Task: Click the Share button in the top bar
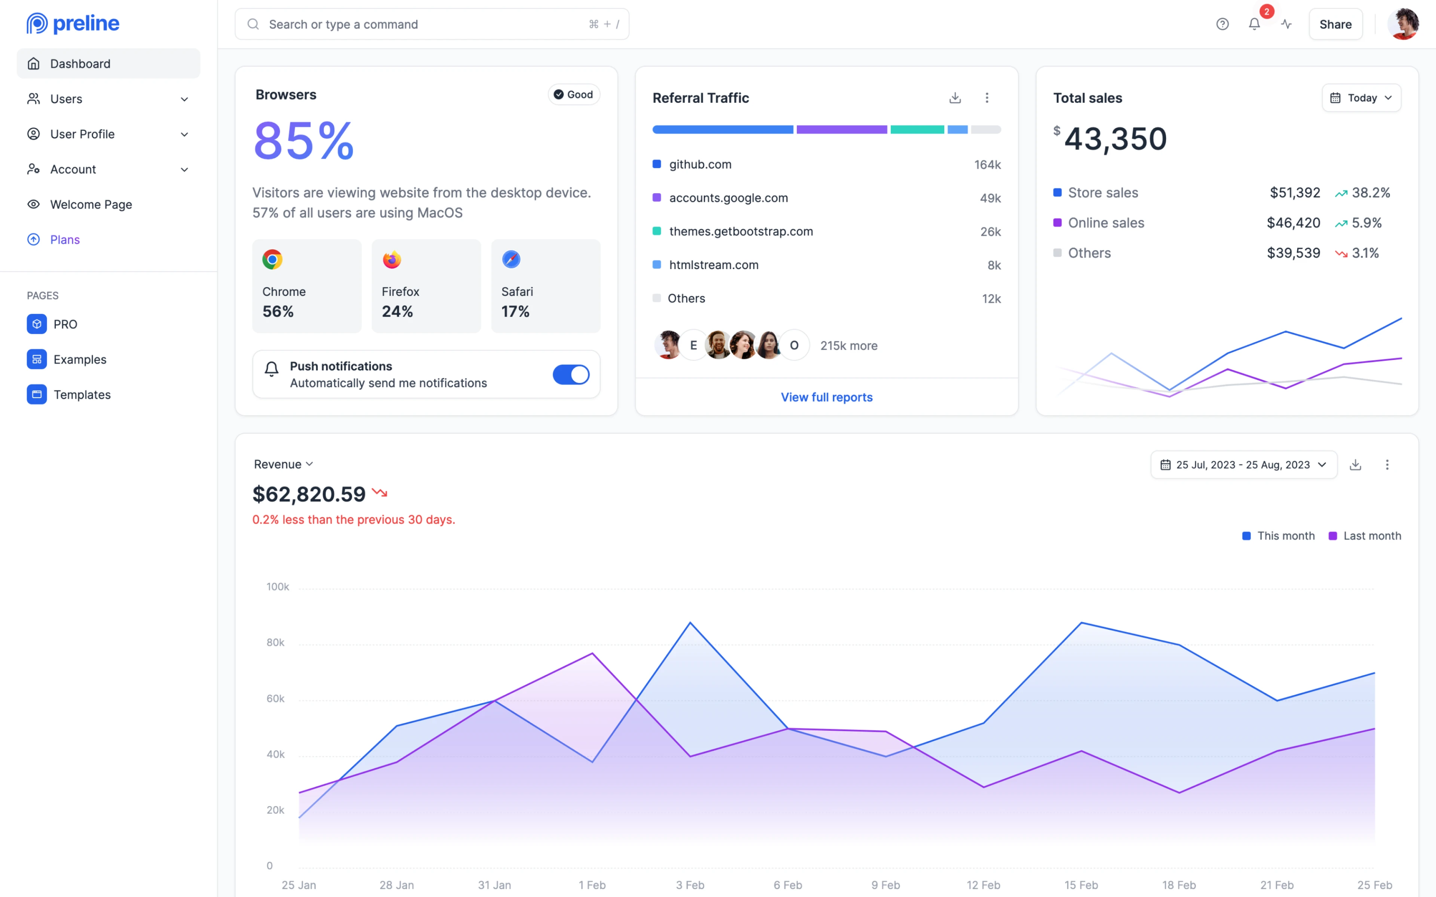(x=1335, y=24)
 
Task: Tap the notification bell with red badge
(x=1254, y=24)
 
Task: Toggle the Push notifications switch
(x=571, y=374)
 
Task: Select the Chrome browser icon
(x=272, y=259)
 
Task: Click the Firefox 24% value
(x=397, y=311)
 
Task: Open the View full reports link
(x=826, y=397)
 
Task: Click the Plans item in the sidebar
(x=65, y=240)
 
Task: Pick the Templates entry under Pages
(x=82, y=395)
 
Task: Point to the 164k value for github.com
(x=987, y=164)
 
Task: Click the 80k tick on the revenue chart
(x=275, y=642)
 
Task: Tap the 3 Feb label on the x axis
(x=690, y=885)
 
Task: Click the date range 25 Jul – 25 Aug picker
(x=1243, y=465)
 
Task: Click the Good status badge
(x=573, y=94)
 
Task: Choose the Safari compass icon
(x=511, y=259)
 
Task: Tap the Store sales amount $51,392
(x=1294, y=193)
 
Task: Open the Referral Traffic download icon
(x=955, y=98)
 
